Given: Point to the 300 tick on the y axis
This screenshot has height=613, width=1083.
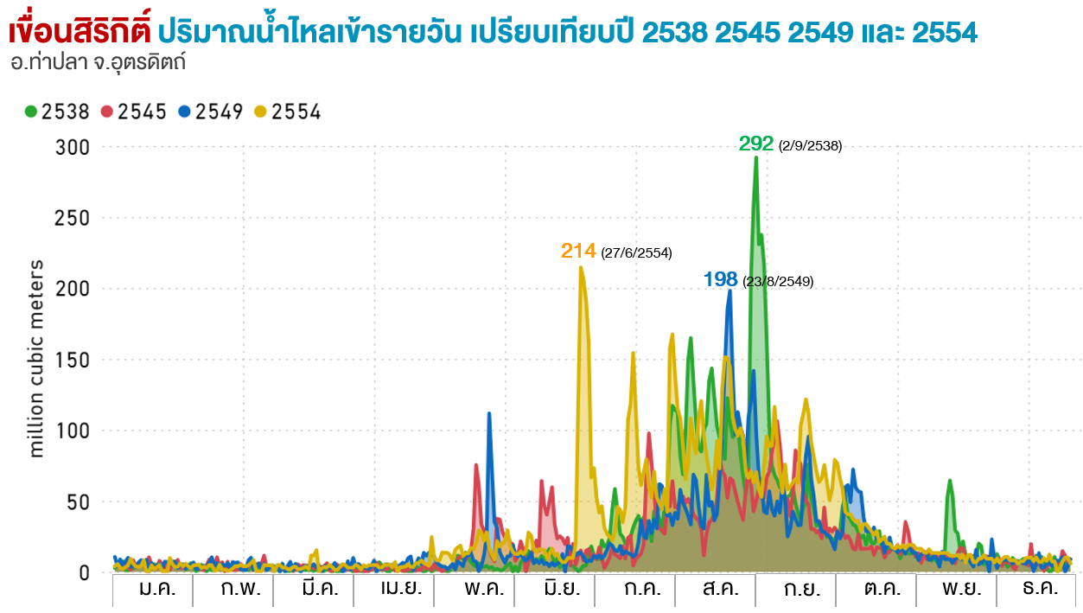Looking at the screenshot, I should (x=73, y=147).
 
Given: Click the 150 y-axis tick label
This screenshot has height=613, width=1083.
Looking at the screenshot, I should (x=73, y=360).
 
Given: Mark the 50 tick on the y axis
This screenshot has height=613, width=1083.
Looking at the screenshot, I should (x=78, y=501).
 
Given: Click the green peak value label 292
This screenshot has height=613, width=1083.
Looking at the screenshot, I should (x=755, y=144).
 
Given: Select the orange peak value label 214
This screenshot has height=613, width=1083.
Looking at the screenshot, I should (x=578, y=251).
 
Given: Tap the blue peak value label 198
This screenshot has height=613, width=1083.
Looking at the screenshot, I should (x=720, y=279).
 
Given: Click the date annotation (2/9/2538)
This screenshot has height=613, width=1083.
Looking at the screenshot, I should (x=810, y=146).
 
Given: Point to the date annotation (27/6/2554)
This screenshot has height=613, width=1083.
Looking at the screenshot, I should (x=636, y=253).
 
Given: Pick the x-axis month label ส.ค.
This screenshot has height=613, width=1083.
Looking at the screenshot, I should (x=720, y=590).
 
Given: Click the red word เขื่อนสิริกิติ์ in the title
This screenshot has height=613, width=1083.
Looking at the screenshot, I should (x=80, y=33).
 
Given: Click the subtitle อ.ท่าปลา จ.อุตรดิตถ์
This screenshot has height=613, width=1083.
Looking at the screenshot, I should (x=99, y=63).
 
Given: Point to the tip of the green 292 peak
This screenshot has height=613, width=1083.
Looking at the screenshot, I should (x=756, y=158).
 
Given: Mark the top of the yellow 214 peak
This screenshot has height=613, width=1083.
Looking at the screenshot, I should (x=581, y=268).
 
